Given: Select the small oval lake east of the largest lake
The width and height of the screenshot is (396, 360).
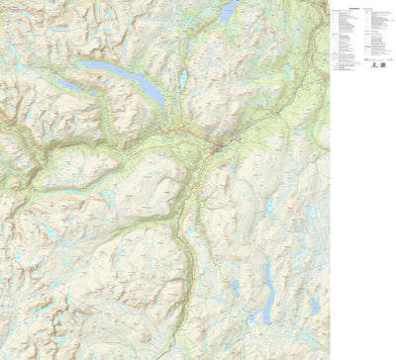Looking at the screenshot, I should point(182,77).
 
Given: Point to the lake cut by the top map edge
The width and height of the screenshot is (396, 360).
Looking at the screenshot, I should point(230,11).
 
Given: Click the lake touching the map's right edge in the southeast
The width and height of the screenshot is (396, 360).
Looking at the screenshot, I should point(315,306).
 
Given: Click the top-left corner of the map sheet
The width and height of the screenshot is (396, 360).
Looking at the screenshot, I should point(1,1).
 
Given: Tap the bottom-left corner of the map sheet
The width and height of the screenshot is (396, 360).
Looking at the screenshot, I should point(1,358).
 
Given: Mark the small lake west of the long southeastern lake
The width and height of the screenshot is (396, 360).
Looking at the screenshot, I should point(236,288).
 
